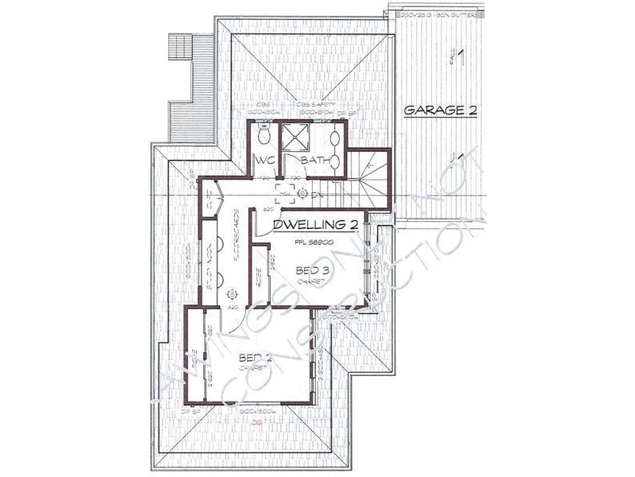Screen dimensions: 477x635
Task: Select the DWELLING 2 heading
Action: [x=315, y=225]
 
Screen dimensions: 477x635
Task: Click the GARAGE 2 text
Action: [x=441, y=111]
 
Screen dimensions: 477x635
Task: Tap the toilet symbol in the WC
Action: [x=264, y=137]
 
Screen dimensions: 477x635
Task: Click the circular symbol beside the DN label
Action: [x=302, y=193]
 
